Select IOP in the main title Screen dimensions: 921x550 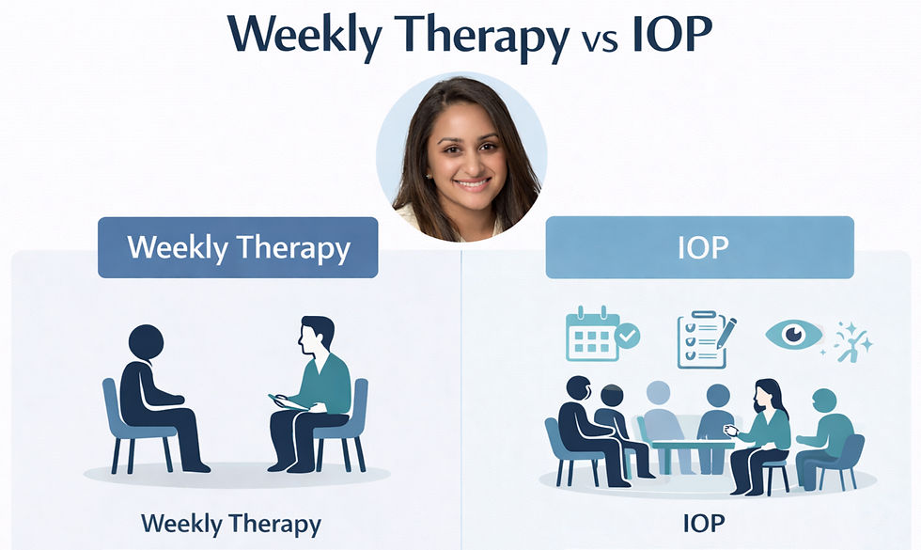pos(673,36)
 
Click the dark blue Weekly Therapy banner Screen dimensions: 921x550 pos(238,247)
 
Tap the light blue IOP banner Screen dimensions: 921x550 pos(699,247)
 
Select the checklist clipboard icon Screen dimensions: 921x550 pos(706,339)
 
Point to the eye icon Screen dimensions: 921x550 pos(793,335)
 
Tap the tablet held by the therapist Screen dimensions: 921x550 pos(288,402)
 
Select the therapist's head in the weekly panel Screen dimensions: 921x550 pos(317,338)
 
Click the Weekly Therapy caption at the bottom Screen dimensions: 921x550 pos(231,524)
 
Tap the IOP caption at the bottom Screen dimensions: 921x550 pos(704,523)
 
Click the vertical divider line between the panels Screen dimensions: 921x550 pos(461,400)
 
